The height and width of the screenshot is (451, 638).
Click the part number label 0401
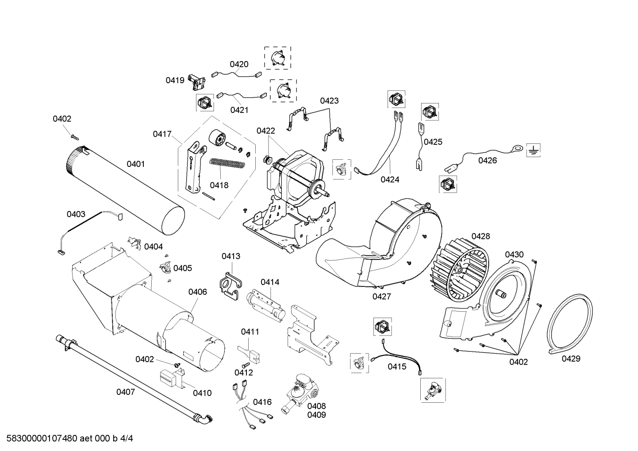pyautogui.click(x=136, y=164)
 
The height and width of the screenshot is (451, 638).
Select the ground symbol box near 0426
pyautogui.click(x=533, y=151)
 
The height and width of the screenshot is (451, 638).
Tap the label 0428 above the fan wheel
pyautogui.click(x=480, y=236)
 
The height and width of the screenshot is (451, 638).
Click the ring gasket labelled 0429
pyautogui.click(x=570, y=324)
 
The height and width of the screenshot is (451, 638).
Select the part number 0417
pyautogui.click(x=162, y=134)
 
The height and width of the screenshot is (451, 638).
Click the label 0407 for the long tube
pyautogui.click(x=126, y=392)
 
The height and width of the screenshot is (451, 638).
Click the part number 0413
pyautogui.click(x=231, y=256)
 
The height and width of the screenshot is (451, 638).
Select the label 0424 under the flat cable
pyautogui.click(x=390, y=179)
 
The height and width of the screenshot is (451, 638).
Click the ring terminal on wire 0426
pyautogui.click(x=516, y=146)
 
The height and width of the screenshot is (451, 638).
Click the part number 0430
pyautogui.click(x=514, y=254)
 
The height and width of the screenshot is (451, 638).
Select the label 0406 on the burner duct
pyautogui.click(x=197, y=292)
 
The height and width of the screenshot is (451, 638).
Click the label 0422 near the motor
pyautogui.click(x=265, y=131)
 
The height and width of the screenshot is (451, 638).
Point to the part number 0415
pyautogui.click(x=397, y=366)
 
